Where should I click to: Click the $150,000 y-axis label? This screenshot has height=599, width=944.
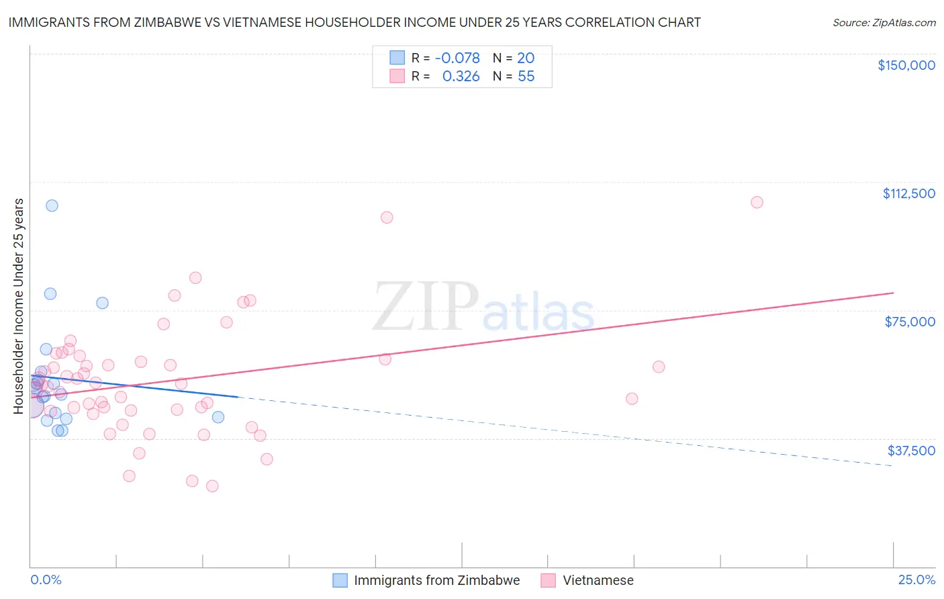coord(906,65)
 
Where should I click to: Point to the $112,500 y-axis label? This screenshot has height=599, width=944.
coord(908,193)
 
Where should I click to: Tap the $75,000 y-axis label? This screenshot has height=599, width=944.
coord(910,322)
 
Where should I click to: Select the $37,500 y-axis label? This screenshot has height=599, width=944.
coord(911,451)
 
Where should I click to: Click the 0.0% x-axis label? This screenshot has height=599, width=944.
coord(46,580)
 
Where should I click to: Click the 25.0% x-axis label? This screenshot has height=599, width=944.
coord(916,580)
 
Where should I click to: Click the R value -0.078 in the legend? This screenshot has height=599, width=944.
coord(457,58)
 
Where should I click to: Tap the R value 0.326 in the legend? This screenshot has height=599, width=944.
coord(461,77)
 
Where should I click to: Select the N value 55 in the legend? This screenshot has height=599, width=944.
coord(526,77)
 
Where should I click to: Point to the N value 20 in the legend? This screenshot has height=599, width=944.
coord(526,58)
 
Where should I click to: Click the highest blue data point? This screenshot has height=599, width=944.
coord(52,205)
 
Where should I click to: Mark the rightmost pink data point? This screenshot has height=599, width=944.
coord(757,202)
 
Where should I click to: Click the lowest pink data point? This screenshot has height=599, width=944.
coord(212,486)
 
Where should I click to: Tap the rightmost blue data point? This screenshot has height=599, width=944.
coord(218,417)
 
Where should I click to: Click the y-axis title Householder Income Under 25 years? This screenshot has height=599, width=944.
coord(19,306)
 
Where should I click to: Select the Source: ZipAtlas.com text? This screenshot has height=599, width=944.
coord(884,23)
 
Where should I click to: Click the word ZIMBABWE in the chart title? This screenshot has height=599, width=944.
coord(188,22)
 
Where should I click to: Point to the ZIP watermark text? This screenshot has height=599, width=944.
coord(426,307)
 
